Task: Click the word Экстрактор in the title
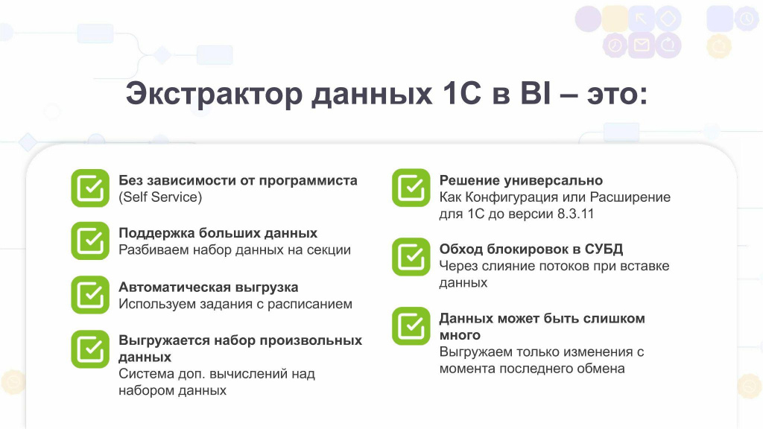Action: click(214, 93)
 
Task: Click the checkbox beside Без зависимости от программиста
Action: click(90, 188)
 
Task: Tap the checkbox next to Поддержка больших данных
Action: click(90, 241)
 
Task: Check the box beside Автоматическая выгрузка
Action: click(90, 295)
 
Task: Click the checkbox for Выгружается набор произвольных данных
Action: click(90, 349)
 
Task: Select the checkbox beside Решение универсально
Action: click(411, 188)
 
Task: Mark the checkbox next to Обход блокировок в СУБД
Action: click(411, 257)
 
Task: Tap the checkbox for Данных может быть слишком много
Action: click(411, 326)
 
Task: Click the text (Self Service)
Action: click(160, 197)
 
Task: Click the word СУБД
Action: click(604, 249)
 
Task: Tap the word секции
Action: click(329, 250)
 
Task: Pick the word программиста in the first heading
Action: click(308, 181)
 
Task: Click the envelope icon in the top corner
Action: click(642, 45)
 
